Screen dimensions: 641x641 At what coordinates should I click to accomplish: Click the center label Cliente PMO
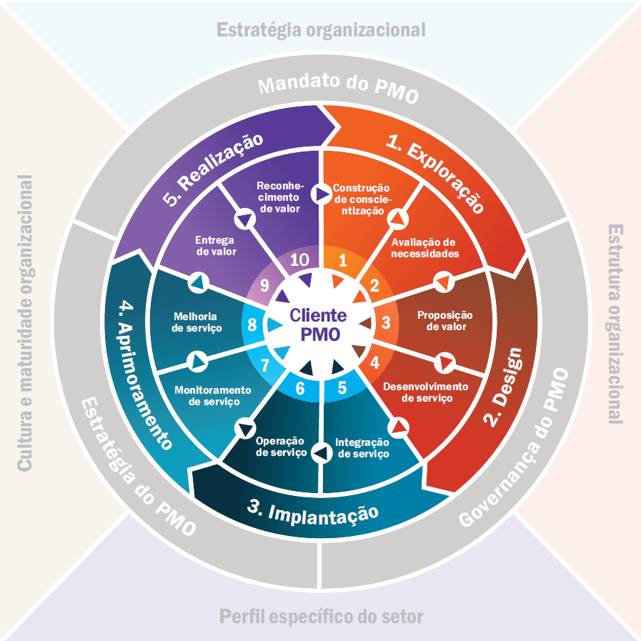click(x=319, y=324)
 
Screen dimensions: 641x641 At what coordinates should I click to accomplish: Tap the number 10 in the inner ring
click(x=299, y=260)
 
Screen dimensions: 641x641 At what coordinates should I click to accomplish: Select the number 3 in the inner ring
click(x=386, y=322)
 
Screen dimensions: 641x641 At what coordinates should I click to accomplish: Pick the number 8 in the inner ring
click(x=252, y=324)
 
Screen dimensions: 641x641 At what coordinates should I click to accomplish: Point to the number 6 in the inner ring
click(x=300, y=388)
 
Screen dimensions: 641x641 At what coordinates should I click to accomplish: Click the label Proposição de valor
click(x=445, y=321)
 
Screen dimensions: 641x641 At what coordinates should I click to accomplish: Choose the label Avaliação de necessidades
click(x=424, y=248)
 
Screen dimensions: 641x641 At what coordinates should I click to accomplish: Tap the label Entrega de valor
click(x=215, y=246)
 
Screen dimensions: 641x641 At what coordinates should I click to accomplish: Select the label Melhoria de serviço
click(x=197, y=322)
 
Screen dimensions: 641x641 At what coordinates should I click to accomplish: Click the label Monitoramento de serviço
click(x=213, y=396)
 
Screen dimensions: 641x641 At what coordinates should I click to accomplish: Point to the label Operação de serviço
click(x=281, y=447)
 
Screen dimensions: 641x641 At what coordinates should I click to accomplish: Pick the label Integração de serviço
click(x=362, y=448)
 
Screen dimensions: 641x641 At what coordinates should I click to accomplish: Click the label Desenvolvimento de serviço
click(x=426, y=392)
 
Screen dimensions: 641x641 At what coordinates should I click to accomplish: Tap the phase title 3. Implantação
click(x=313, y=515)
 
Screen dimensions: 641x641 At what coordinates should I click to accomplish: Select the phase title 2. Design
click(x=502, y=387)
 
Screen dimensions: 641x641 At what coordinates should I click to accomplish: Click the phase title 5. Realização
click(x=212, y=169)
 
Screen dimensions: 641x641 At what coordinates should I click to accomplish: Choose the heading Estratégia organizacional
click(x=321, y=30)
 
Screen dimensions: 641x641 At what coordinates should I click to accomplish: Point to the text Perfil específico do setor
click(x=322, y=617)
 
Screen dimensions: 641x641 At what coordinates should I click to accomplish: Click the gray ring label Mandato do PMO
click(x=339, y=88)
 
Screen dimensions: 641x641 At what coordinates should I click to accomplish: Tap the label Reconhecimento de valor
click(x=280, y=197)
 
